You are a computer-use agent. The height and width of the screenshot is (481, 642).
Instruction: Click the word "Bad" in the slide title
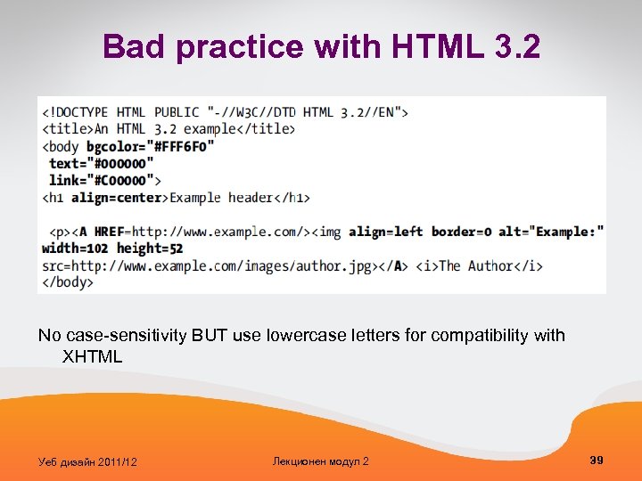pyautogui.click(x=135, y=46)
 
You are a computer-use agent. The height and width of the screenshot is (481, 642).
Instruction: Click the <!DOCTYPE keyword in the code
pyautogui.click(x=76, y=112)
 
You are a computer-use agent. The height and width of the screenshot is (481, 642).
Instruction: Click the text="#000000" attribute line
pyautogui.click(x=101, y=163)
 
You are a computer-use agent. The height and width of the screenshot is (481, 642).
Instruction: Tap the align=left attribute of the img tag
pyautogui.click(x=385, y=232)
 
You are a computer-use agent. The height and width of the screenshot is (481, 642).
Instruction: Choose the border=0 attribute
pyautogui.click(x=461, y=232)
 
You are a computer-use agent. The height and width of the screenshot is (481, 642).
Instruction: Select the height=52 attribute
pyautogui.click(x=149, y=249)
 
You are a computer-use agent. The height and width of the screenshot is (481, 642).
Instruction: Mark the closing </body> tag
pyautogui.click(x=68, y=282)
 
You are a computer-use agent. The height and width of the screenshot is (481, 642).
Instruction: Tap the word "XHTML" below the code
pyautogui.click(x=91, y=356)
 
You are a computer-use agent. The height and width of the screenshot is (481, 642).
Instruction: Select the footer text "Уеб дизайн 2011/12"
pyautogui.click(x=87, y=461)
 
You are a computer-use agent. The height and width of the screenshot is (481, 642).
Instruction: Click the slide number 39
pyautogui.click(x=597, y=460)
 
